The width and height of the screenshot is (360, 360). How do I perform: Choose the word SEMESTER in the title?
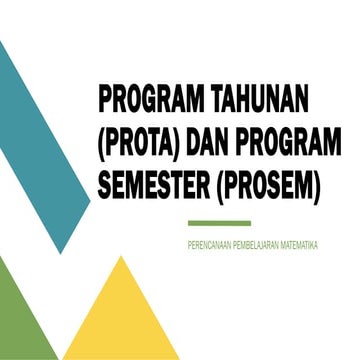157,188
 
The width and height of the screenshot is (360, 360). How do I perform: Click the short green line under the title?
219,223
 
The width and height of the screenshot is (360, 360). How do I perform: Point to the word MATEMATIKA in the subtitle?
303,244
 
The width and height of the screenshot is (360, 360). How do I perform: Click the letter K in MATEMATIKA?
311,244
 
